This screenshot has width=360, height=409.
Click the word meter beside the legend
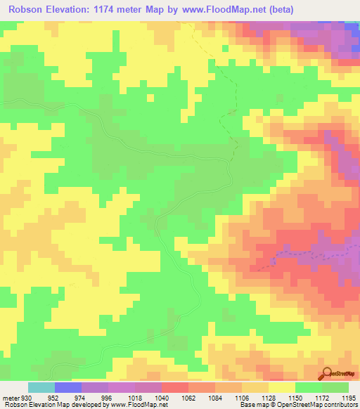coord(11,397)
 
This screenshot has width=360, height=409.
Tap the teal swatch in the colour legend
coord(41,387)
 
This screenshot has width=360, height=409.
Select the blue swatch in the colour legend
coord(68,387)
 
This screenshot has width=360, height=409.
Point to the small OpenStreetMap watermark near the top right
coord(340,62)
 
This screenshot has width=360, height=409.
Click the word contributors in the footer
coord(338,405)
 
